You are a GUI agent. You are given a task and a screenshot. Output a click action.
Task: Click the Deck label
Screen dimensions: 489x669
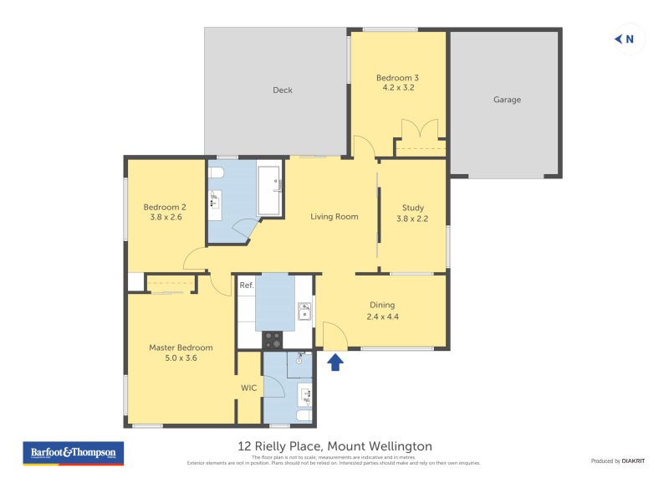283,90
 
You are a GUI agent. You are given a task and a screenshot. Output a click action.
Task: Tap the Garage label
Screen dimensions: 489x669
507,100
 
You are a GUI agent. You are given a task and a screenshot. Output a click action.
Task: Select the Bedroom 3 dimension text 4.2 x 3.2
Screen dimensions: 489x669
398,87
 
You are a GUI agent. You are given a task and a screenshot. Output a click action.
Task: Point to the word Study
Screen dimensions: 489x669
412,208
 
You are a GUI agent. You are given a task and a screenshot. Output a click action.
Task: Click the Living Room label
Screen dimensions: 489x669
334,217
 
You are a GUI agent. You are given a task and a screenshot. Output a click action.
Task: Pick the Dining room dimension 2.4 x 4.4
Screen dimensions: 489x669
381,317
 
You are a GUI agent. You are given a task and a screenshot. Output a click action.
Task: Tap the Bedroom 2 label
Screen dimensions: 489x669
164,208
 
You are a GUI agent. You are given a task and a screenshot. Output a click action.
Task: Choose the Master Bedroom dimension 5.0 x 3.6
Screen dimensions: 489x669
181,358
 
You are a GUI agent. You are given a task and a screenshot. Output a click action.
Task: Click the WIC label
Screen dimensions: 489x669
249,388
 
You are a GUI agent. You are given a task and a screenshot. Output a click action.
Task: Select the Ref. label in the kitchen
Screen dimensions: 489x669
247,286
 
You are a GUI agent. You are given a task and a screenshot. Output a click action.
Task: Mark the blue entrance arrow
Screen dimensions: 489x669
335,363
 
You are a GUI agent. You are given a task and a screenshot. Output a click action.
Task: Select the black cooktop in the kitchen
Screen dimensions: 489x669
273,340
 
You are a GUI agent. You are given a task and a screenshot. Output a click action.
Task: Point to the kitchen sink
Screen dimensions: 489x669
305,312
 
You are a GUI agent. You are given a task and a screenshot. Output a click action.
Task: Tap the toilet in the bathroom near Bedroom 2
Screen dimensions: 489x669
216,173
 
